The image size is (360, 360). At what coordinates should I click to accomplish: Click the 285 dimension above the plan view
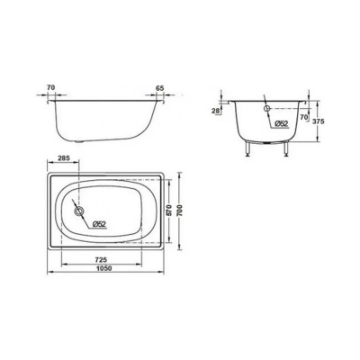(64, 160)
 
